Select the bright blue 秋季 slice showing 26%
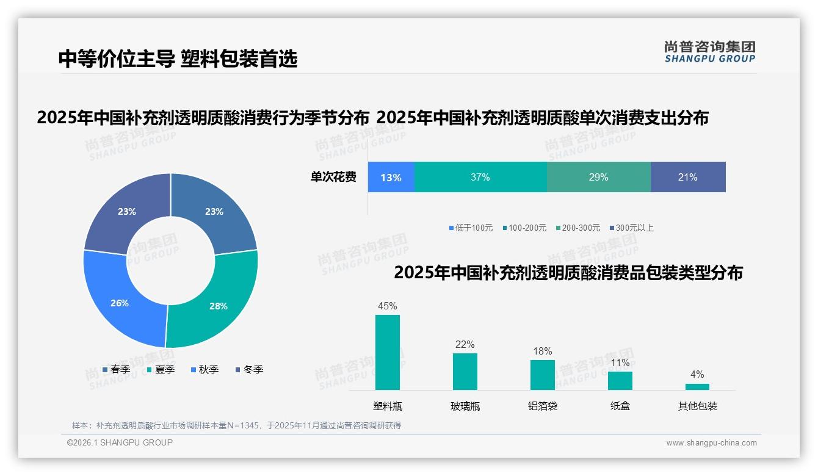coord(120,302)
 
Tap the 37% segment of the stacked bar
coord(480,177)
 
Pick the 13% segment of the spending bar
coord(391,177)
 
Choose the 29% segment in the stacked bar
coord(598,177)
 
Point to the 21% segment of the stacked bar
coord(688,177)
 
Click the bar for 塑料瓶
coord(388,352)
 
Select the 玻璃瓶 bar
coord(465,371)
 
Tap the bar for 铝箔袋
coord(542,375)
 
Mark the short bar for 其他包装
coord(697,386)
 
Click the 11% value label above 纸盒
coord(620,363)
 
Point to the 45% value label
coord(388,306)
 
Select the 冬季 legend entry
coord(249,369)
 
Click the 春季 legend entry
coord(116,369)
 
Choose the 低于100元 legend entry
coord(471,228)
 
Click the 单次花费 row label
coord(333,177)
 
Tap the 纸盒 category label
coord(620,406)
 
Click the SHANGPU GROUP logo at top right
coord(709,52)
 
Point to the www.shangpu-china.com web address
coord(711,443)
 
